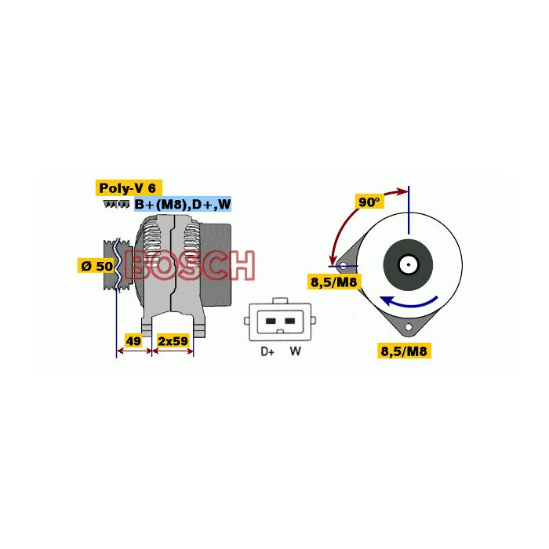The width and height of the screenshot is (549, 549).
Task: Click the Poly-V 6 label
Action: point(129,188)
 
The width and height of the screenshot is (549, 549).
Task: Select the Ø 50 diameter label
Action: point(96,266)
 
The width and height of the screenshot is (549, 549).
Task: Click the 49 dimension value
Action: point(133,341)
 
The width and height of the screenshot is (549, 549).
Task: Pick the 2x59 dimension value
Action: point(173,341)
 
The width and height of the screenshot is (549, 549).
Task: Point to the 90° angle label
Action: point(369,202)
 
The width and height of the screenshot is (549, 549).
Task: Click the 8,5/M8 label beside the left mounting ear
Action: point(334,281)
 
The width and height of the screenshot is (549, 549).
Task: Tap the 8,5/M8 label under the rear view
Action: point(403,351)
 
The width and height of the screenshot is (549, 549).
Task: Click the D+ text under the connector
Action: point(267,351)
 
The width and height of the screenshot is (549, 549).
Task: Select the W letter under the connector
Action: point(295,351)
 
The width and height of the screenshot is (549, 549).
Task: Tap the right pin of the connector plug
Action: point(290,321)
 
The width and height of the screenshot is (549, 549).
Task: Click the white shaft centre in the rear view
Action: point(408,264)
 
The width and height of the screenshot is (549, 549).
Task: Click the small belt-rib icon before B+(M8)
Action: point(116,205)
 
